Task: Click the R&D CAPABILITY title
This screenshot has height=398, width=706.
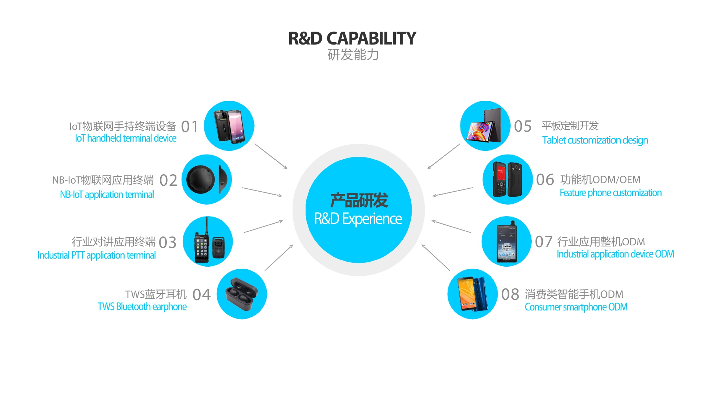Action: click(352, 39)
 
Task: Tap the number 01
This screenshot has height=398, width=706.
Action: click(190, 127)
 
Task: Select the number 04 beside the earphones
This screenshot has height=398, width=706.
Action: click(202, 295)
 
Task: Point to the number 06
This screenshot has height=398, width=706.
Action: click(545, 180)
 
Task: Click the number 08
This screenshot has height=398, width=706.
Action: click(510, 294)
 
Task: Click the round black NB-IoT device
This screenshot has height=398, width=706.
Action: click(201, 180)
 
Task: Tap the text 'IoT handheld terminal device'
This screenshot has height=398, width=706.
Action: click(126, 138)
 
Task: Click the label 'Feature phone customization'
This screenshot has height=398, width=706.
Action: click(610, 193)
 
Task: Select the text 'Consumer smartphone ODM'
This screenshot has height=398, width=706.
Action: click(576, 307)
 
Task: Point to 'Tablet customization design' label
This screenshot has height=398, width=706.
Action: click(595, 140)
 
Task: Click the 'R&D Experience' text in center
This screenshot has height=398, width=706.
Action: click(358, 219)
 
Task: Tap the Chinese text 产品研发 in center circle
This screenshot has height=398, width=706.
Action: click(359, 200)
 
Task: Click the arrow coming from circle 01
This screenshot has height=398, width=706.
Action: click(271, 156)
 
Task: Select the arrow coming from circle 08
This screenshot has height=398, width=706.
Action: click(436, 257)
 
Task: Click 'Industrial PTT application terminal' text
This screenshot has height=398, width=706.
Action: click(97, 255)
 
